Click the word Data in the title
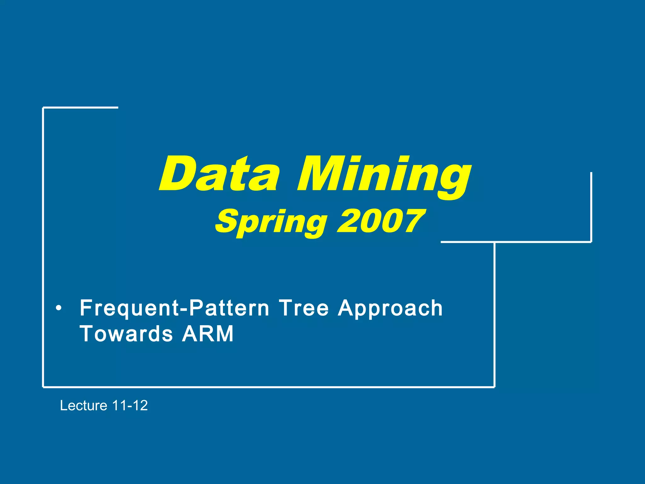pos(219,174)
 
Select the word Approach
pos(390,309)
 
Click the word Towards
pos(126,334)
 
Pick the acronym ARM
pos(208,334)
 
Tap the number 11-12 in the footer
pos(130,406)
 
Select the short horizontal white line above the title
pos(81,108)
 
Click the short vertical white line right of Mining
pos(591,206)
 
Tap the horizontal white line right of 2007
pos(516,242)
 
